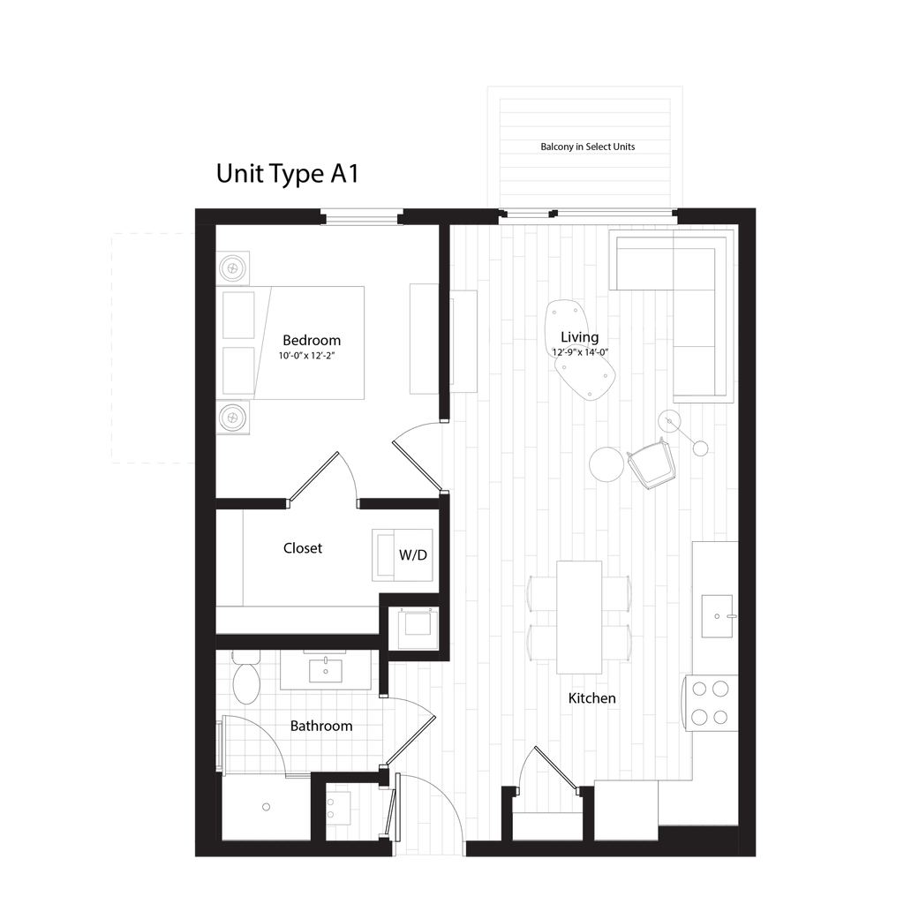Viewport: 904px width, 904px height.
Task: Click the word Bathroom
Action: pos(321,726)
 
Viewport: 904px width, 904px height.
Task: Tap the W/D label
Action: pos(413,555)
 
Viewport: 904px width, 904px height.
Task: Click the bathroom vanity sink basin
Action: pos(331,668)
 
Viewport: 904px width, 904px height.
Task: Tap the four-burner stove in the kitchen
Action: pos(712,702)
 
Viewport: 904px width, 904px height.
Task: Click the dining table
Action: pos(579,617)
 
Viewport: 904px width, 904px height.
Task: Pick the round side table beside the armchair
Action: pos(606,464)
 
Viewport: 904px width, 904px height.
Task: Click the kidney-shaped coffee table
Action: pos(583,349)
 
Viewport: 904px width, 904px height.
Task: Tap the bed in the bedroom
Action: pos(309,343)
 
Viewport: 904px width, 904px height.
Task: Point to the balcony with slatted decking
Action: pos(585,148)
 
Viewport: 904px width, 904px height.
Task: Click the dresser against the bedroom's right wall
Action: pos(424,338)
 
